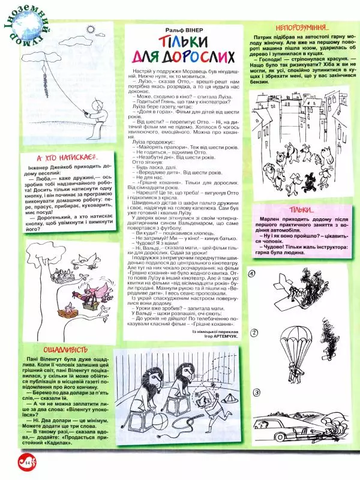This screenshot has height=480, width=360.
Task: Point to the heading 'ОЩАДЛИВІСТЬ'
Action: [x=65, y=349]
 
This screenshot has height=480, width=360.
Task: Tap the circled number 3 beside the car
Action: [x=256, y=393]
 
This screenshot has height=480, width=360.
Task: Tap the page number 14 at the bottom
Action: [x=16, y=461]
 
